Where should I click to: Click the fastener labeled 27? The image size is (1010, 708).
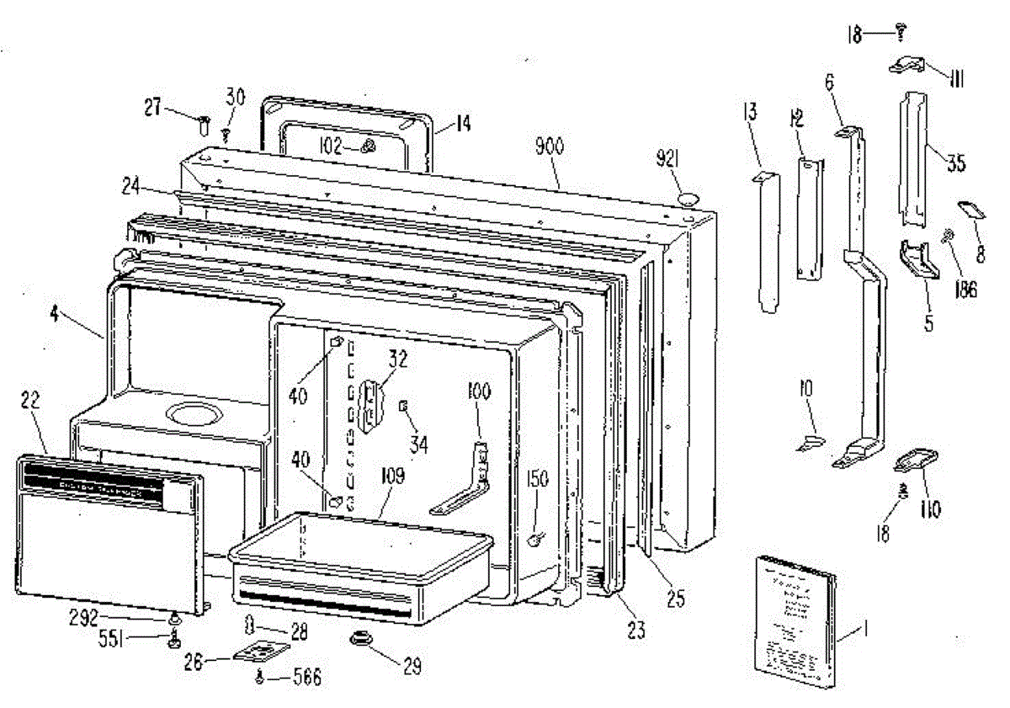tap(204, 126)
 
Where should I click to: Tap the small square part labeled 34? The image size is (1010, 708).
tap(403, 407)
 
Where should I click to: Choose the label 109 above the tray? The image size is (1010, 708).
tap(392, 476)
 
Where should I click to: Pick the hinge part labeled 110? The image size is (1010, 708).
tap(913, 460)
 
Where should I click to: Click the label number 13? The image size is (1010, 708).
tap(750, 111)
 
